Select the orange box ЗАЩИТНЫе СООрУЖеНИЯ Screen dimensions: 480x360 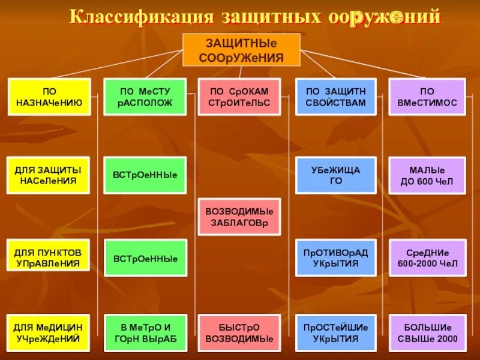[x=241, y=50]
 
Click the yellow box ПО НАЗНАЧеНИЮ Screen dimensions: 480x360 [x=49, y=97]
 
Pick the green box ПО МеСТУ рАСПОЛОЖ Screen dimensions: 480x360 [x=145, y=97]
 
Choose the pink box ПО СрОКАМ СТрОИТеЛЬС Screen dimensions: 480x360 [x=239, y=97]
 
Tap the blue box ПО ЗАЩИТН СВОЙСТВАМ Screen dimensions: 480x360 [x=335, y=97]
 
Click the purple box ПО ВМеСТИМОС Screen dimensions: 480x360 [x=427, y=97]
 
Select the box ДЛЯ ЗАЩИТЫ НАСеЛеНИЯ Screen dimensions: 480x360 [x=49, y=175]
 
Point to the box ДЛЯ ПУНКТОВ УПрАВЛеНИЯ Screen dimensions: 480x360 [x=49, y=257]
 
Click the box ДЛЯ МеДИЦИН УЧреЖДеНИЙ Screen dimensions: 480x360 [x=49, y=332]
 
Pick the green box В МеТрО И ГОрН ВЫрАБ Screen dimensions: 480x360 [x=145, y=332]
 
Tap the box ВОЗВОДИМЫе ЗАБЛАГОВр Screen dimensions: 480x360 [x=239, y=217]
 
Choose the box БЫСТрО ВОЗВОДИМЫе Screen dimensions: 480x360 [x=239, y=332]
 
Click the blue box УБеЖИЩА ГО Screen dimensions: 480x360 [x=335, y=175]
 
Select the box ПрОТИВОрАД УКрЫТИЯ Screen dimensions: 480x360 [x=335, y=257]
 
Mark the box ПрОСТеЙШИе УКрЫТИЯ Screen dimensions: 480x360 [x=335, y=332]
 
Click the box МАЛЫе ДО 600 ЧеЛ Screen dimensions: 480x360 [x=427, y=175]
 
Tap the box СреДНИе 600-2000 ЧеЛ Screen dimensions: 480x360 [x=427, y=257]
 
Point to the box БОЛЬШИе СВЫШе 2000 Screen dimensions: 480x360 [x=427, y=332]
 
